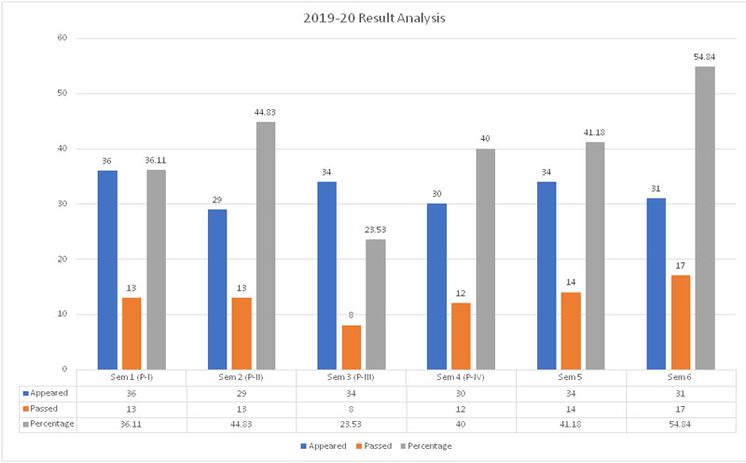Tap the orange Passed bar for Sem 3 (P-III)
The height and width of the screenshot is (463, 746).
[351, 347]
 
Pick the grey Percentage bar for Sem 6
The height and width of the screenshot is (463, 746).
[705, 217]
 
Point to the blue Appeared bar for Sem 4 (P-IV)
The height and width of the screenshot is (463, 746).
[436, 287]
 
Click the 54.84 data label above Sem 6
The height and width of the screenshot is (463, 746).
[704, 57]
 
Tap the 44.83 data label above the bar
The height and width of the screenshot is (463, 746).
[266, 112]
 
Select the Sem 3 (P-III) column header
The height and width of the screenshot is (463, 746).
[351, 376]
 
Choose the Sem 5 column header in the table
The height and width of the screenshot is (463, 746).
[571, 376]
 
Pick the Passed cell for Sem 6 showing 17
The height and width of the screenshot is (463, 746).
[681, 408]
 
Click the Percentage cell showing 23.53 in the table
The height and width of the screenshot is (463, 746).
[351, 423]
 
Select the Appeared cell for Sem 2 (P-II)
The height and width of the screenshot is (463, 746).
[242, 393]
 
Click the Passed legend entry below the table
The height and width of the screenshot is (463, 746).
[379, 446]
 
